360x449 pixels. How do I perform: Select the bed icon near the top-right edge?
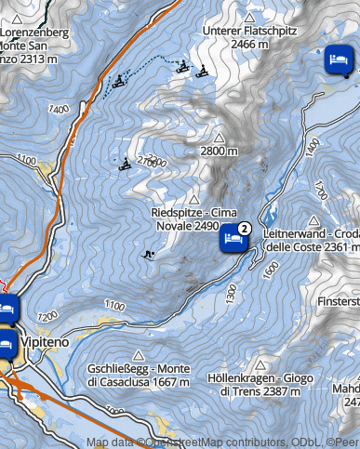(338, 61)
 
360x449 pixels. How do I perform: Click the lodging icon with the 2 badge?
(233, 240)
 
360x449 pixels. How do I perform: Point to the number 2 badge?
(244, 228)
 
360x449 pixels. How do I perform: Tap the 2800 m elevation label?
(220, 151)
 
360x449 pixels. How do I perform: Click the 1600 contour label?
(271, 266)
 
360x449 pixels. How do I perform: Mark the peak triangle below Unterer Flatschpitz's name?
(248, 17)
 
